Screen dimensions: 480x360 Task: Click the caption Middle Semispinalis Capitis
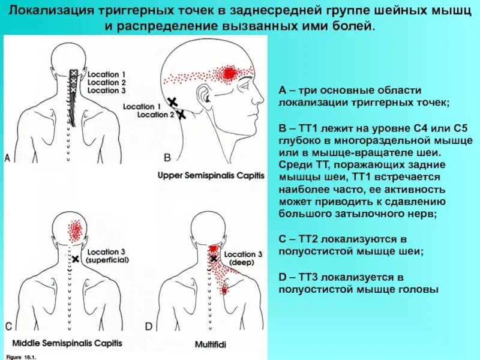click(67, 343)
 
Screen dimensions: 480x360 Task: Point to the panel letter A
click(7, 158)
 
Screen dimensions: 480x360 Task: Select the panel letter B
click(167, 158)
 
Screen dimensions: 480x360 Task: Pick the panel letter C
click(8, 327)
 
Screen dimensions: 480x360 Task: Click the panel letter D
click(149, 327)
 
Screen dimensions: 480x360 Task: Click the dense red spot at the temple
click(229, 74)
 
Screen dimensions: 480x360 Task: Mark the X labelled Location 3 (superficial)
click(76, 259)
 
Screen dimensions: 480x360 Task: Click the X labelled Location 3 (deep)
click(214, 259)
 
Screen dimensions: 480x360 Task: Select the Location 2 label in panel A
click(107, 83)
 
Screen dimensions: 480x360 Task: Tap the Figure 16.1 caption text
click(20, 356)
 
